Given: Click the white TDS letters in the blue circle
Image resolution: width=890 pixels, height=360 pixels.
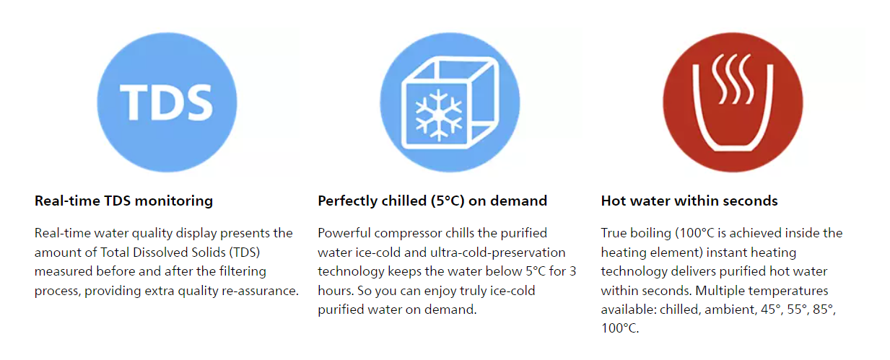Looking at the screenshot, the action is (x=167, y=102).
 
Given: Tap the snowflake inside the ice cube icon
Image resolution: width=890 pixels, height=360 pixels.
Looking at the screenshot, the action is (x=439, y=115).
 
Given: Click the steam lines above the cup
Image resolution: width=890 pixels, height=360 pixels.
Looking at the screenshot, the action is (x=733, y=79).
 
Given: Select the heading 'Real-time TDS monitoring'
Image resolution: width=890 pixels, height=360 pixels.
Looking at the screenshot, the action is (x=123, y=201).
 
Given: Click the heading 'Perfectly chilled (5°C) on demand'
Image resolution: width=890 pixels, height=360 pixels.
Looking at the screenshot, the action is (x=432, y=201).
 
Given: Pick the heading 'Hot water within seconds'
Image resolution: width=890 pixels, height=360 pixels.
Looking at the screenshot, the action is (x=689, y=201).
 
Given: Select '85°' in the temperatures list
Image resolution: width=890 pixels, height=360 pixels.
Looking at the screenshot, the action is (x=824, y=309).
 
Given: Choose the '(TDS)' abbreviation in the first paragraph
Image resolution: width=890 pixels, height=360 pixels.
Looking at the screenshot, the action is (x=245, y=253).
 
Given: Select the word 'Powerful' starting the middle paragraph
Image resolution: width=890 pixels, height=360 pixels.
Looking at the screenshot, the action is (x=344, y=233).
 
